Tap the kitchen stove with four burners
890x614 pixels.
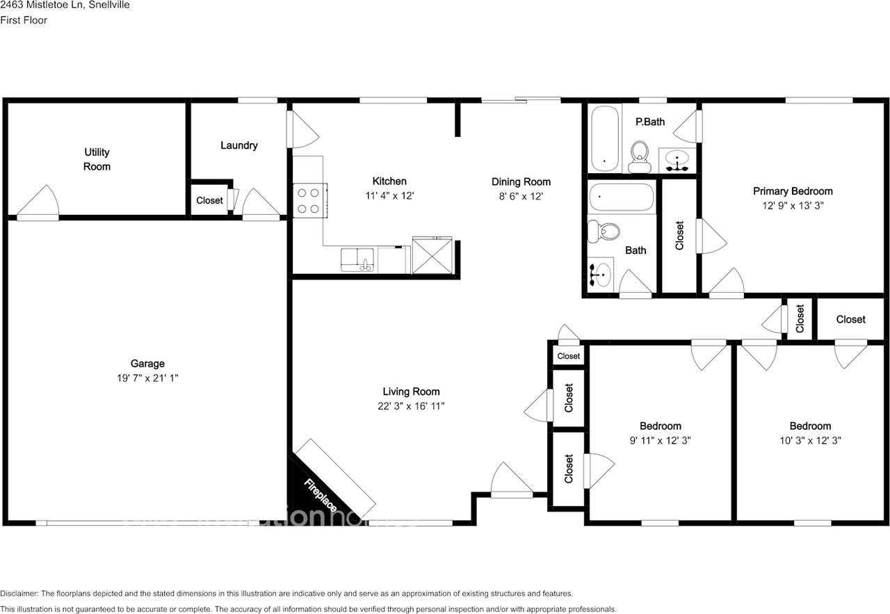pyautogui.click(x=309, y=200)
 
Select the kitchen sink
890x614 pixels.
pyautogui.click(x=357, y=260)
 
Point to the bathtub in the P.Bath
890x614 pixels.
pyautogui.click(x=605, y=138)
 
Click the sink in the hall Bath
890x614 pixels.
pyautogui.click(x=599, y=273)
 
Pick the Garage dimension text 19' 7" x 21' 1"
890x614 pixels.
pyautogui.click(x=147, y=378)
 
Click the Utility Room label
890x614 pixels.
pyautogui.click(x=97, y=159)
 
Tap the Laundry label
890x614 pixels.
pyautogui.click(x=239, y=145)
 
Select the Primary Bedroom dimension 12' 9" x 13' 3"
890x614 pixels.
pyautogui.click(x=793, y=205)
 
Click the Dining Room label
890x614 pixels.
pyautogui.click(x=521, y=182)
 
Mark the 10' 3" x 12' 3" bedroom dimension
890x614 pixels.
pyautogui.click(x=810, y=440)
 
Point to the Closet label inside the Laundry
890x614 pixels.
pyautogui.click(x=209, y=201)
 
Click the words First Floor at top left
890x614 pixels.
pyautogui.click(x=24, y=20)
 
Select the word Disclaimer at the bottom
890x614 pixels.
pyautogui.click(x=20, y=594)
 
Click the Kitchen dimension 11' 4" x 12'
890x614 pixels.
pyautogui.click(x=389, y=196)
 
